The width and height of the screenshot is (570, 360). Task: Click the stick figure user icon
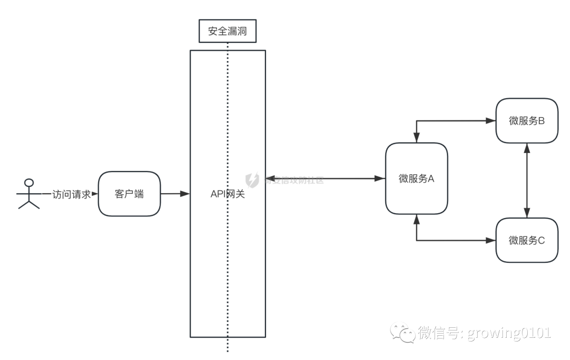point(29,194)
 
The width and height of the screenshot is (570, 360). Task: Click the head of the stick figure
point(29,183)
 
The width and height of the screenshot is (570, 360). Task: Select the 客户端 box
point(129,194)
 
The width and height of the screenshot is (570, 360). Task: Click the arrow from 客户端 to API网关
point(174,194)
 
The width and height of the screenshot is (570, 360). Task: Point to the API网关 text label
point(227,194)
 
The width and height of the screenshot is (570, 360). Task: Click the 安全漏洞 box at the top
point(227,32)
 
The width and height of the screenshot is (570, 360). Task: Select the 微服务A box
point(416,178)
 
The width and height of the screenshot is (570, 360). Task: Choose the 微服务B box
point(527,120)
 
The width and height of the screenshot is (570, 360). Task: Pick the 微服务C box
point(527,240)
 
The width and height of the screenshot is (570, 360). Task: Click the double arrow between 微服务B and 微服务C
point(526,180)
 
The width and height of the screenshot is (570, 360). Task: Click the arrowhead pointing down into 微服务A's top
point(417,139)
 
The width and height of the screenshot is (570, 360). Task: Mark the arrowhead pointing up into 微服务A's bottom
point(417,218)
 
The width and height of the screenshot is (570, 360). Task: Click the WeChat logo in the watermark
point(403,333)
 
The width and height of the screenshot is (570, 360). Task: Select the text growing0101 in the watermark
point(509,333)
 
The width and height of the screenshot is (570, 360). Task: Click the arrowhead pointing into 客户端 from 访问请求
point(95,194)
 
